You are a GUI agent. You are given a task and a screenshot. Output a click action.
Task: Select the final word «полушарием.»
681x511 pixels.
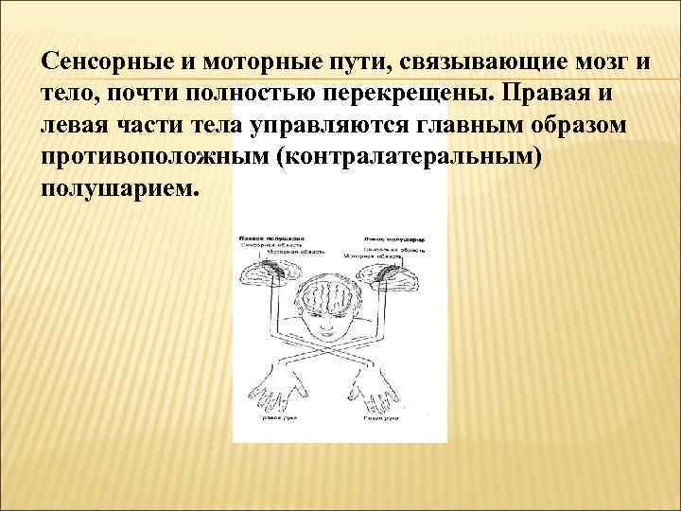121,187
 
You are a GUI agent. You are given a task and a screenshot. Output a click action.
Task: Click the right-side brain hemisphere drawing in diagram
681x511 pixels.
390,276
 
